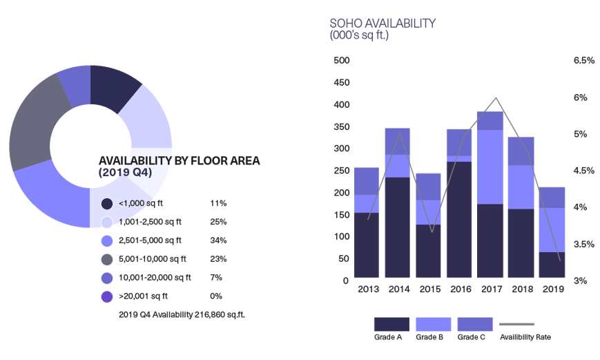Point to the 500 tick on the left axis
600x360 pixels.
point(342,61)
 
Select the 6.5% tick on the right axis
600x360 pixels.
point(583,61)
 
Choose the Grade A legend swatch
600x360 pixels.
point(391,324)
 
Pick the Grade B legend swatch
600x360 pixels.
point(433,324)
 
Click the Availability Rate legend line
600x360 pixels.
point(517,324)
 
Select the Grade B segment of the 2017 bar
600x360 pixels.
point(490,167)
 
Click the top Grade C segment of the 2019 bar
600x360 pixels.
point(552,197)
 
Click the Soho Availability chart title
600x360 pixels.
point(383,23)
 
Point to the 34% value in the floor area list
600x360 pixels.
point(218,240)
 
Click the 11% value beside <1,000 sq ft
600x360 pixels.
point(218,203)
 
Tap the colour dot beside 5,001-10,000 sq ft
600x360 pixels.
point(107,260)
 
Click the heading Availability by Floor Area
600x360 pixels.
point(179,161)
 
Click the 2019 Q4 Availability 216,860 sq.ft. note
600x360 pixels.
point(182,314)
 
